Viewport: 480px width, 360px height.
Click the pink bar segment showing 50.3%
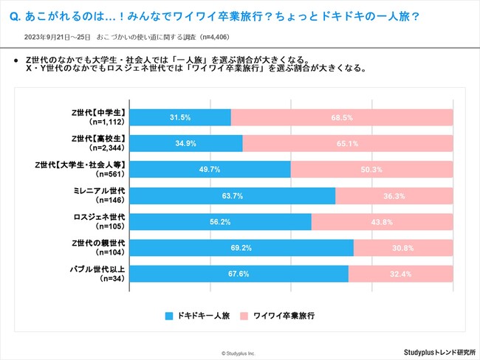[x=372, y=170]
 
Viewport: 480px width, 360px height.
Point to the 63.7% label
[x=233, y=195]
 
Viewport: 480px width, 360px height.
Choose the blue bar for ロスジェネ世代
[x=222, y=222]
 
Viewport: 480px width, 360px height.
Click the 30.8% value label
[x=403, y=249]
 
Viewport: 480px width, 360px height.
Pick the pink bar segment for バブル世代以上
[x=401, y=274]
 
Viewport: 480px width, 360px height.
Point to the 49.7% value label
[x=210, y=170]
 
